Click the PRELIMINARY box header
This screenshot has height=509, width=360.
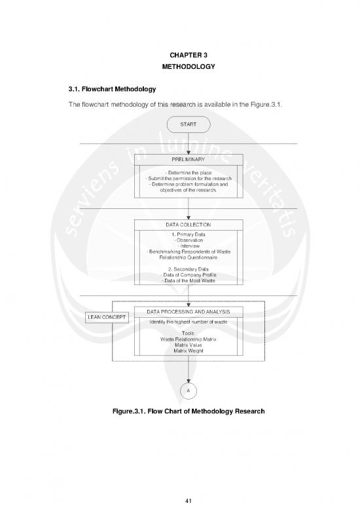(189, 159)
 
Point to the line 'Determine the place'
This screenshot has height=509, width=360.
(189, 172)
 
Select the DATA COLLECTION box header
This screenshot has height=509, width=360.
(189, 225)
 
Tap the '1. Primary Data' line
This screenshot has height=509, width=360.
(189, 234)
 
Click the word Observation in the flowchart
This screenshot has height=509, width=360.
(189, 240)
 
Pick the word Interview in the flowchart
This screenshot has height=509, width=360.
(189, 246)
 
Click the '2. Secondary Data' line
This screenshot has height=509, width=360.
(189, 269)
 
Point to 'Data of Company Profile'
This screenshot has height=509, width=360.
(189, 274)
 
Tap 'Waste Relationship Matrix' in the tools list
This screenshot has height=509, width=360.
(189, 339)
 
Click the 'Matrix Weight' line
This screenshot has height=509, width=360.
(189, 351)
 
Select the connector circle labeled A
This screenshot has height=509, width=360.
(189, 390)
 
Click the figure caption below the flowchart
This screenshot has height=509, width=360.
(188, 411)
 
